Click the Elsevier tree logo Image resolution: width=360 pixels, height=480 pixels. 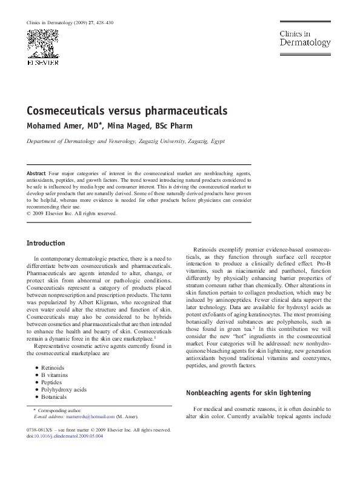click(x=42, y=43)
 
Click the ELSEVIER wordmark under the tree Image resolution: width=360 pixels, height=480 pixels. click(x=42, y=62)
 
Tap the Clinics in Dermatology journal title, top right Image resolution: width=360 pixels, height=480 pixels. click(x=304, y=39)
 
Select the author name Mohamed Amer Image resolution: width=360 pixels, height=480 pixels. click(x=57, y=126)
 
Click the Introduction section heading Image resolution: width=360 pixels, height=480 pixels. click(x=45, y=243)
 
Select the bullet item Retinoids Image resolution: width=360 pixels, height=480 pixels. click(x=53, y=367)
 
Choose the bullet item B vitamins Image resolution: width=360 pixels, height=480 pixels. click(x=54, y=375)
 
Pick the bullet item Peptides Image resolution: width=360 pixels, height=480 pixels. click(x=52, y=382)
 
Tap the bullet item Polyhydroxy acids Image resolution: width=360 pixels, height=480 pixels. click(x=64, y=389)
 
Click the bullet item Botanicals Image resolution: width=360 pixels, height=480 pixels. click(x=54, y=396)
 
